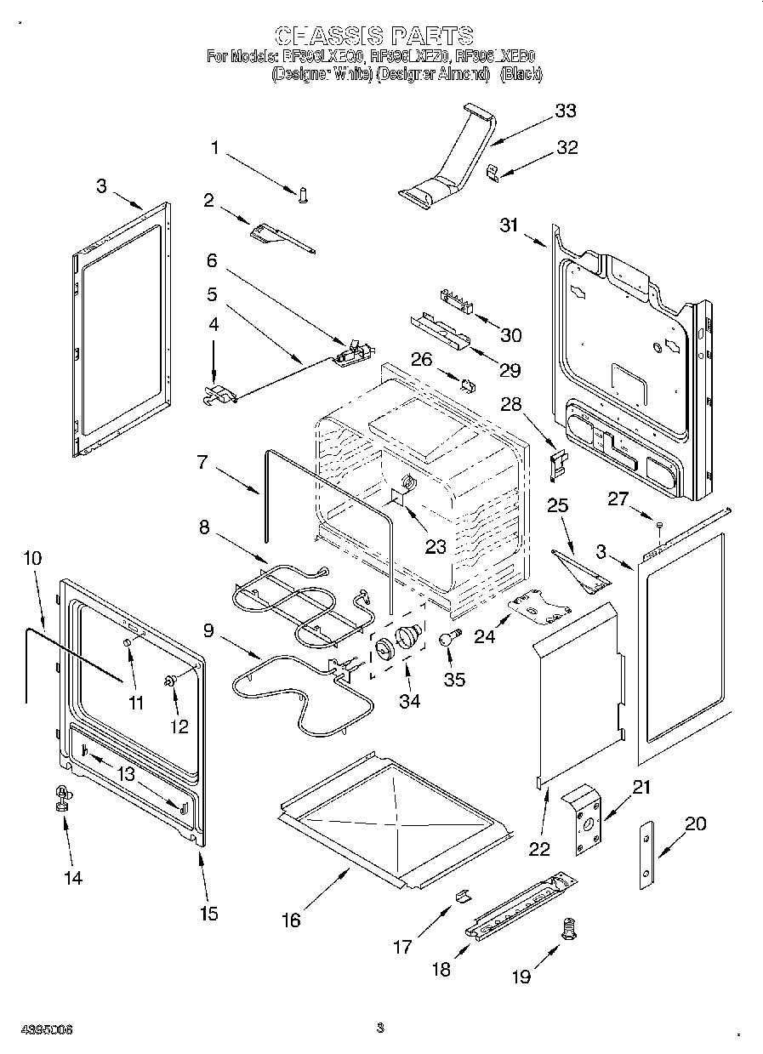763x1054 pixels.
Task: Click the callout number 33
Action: [565, 111]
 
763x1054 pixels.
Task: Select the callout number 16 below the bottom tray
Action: [291, 920]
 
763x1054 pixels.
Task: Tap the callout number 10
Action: [31, 559]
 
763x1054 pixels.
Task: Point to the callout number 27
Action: [618, 499]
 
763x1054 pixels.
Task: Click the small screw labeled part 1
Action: [301, 197]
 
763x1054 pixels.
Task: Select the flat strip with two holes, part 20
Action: [649, 856]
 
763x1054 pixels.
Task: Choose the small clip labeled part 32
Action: [493, 172]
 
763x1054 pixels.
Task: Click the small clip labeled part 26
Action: [467, 384]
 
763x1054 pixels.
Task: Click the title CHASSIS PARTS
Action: [374, 35]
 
